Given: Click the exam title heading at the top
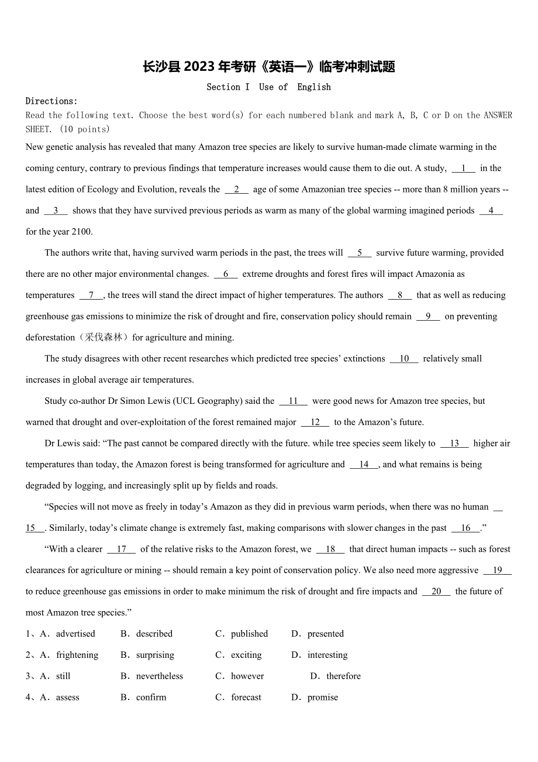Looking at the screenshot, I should click(x=269, y=67).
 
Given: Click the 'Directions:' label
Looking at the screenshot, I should click(x=51, y=101).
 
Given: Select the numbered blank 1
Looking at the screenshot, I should click(x=464, y=169).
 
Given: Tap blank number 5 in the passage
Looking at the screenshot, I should click(x=360, y=253).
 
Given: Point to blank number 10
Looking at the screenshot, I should click(x=404, y=359).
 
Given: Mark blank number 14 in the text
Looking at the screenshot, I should click(x=364, y=465).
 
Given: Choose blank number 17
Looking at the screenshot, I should click(x=122, y=550).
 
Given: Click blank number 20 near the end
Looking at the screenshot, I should click(x=436, y=592).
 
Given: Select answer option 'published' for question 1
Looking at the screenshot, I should click(x=249, y=634).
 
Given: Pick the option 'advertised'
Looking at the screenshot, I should click(x=75, y=634).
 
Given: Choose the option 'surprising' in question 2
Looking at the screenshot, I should click(x=155, y=655).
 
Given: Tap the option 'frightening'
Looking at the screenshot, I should click(x=77, y=655).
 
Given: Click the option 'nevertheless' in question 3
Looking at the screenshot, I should click(x=160, y=676).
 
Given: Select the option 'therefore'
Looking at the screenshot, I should click(x=343, y=676).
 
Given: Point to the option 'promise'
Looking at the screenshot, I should click(x=323, y=697).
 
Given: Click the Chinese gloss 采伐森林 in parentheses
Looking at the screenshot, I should click(x=104, y=338).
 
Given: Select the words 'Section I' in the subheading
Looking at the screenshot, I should click(x=228, y=87).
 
